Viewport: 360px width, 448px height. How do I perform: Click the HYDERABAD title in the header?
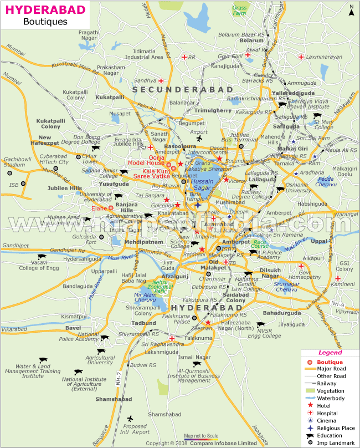click(38, 9)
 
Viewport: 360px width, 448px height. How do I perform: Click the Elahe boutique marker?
click(111, 208)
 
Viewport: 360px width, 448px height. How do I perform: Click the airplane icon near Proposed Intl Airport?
click(130, 419)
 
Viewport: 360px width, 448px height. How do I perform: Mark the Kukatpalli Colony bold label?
click(51, 123)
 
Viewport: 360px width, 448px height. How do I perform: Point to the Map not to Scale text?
click(201, 436)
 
